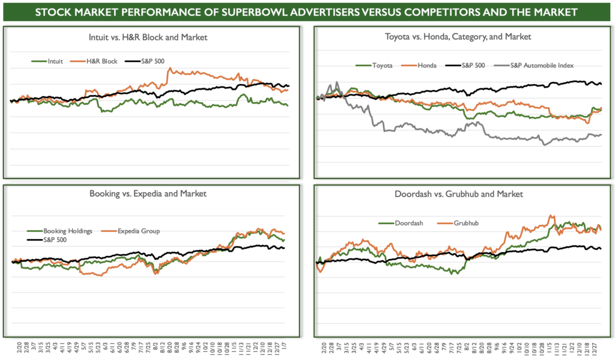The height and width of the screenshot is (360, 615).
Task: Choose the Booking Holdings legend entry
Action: coord(59,231)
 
